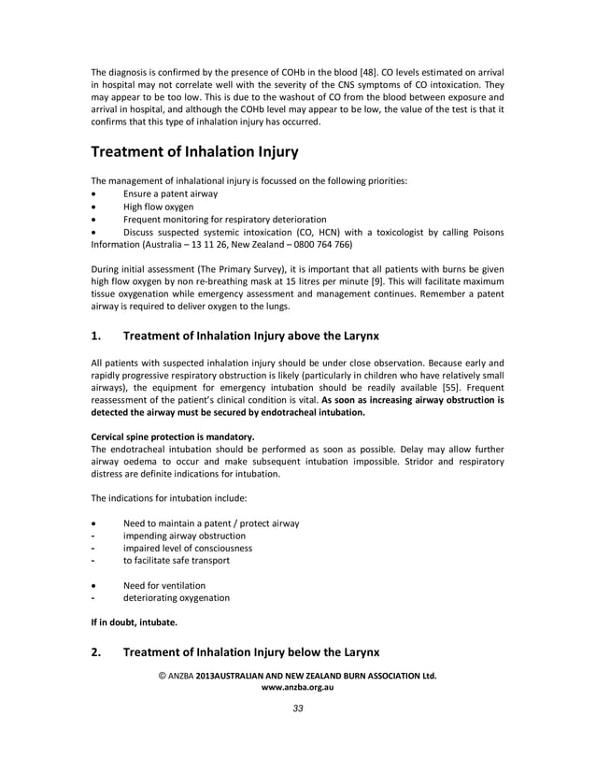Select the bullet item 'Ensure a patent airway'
pyautogui.click(x=170, y=193)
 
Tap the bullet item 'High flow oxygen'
pyautogui.click(x=158, y=207)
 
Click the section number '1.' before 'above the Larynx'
pyautogui.click(x=96, y=335)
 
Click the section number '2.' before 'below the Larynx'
pyautogui.click(x=96, y=652)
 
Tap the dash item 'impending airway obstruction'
pyautogui.click(x=184, y=536)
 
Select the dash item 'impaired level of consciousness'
pyautogui.click(x=188, y=548)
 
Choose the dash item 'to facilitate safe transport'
pyautogui.click(x=176, y=561)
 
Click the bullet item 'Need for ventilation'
pyautogui.click(x=164, y=585)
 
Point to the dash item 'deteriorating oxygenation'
pyautogui.click(x=176, y=597)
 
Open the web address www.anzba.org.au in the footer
pyautogui.click(x=297, y=686)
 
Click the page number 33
pyautogui.click(x=297, y=708)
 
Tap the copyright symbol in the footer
pyautogui.click(x=162, y=674)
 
